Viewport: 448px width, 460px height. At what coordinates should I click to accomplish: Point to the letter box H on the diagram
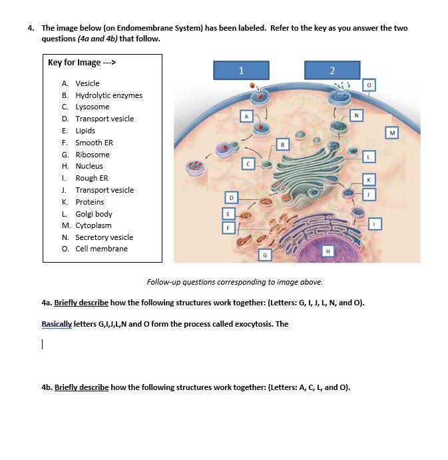click(327, 251)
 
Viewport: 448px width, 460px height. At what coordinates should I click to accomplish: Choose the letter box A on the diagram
click(246, 116)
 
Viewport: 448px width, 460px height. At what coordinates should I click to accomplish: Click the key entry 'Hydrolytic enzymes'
click(109, 95)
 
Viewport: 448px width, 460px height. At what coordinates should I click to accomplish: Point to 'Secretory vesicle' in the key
click(104, 237)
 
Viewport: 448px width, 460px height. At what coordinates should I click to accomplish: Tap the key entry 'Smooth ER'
click(94, 143)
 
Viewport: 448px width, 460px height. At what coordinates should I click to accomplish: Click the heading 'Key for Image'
click(83, 63)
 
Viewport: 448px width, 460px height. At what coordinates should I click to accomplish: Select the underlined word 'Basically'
click(56, 324)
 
